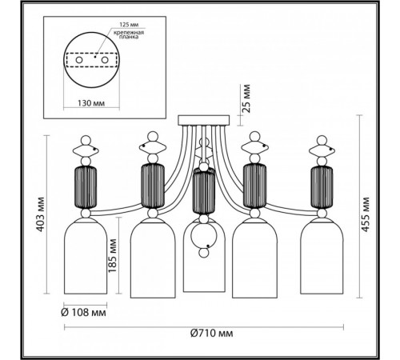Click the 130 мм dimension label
[x=91, y=103]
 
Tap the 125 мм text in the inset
[x=129, y=25]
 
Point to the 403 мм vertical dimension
[x=41, y=214]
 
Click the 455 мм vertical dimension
[x=366, y=214]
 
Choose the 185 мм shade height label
[x=113, y=255]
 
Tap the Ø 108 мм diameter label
[x=83, y=312]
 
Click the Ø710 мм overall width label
[x=212, y=333]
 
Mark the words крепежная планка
[x=129, y=34]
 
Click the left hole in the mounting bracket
[x=79, y=60]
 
